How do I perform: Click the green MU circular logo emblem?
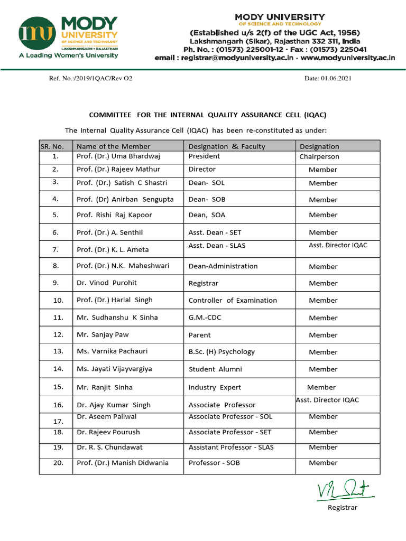coord(38,33)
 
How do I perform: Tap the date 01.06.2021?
coord(328,79)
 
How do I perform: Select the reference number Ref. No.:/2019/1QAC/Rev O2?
coord(90,79)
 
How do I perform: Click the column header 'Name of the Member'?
coord(113,146)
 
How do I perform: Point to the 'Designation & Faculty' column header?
coord(227,146)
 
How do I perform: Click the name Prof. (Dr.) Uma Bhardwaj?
coord(118,156)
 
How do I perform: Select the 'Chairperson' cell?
coord(319,157)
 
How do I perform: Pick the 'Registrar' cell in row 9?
coord(203,283)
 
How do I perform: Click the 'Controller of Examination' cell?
coord(233,300)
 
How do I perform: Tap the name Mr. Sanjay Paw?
coord(103,334)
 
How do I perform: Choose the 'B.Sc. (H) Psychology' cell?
coord(222,351)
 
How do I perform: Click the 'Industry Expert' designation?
coord(215,387)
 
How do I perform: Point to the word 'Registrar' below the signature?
coord(343,508)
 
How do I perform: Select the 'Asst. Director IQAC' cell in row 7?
coord(338,245)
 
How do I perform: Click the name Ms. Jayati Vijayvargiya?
coord(114,369)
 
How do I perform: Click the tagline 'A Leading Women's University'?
coord(68,55)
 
